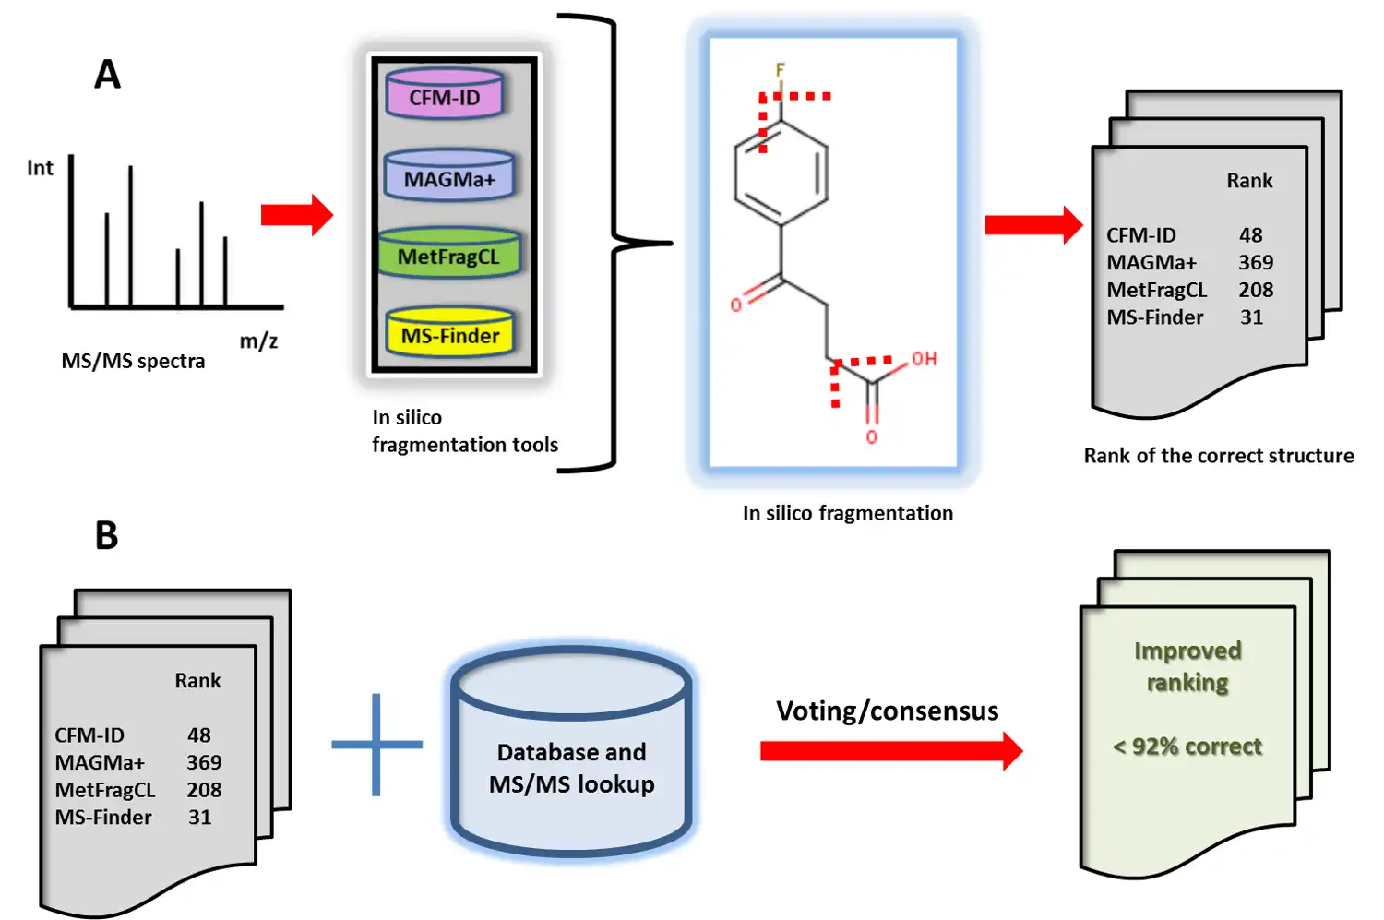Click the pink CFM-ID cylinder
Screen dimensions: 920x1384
click(x=445, y=96)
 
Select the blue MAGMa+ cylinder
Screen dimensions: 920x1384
click(x=449, y=177)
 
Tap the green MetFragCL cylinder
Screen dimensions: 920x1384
click(x=449, y=256)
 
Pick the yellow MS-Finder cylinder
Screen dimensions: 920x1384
click(x=450, y=334)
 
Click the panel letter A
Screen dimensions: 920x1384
click(x=107, y=74)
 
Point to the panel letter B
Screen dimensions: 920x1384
click(x=107, y=535)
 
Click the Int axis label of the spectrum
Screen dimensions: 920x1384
click(x=40, y=168)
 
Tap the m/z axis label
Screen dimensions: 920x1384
click(x=258, y=341)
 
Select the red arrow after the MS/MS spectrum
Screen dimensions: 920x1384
click(x=296, y=215)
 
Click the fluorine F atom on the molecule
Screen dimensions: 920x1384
click(x=780, y=70)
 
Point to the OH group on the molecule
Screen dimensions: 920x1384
click(x=924, y=359)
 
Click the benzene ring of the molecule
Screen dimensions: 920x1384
click(x=781, y=173)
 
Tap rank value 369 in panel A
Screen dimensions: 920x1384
click(x=1255, y=263)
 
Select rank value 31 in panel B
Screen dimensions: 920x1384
click(x=200, y=818)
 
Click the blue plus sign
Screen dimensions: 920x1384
click(x=376, y=744)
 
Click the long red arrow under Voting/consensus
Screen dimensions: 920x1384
click(x=890, y=751)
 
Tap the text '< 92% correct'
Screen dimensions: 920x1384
click(x=1187, y=747)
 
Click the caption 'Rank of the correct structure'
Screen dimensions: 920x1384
click(x=1218, y=456)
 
